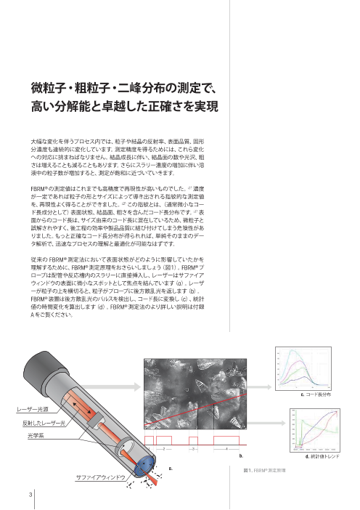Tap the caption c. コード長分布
click(x=315, y=394)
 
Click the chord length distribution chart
click(x=306, y=368)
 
